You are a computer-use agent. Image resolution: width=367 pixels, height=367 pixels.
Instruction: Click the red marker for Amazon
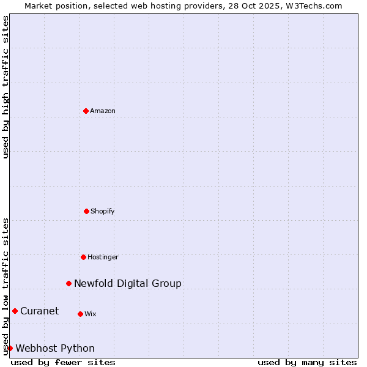[86, 111]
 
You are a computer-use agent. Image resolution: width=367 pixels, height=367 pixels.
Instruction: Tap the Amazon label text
[103, 111]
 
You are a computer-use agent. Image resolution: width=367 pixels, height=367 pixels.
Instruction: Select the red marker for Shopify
[86, 211]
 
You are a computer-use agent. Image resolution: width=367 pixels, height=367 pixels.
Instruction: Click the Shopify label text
[103, 212]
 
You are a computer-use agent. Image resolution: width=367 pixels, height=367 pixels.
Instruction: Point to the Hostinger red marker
[83, 257]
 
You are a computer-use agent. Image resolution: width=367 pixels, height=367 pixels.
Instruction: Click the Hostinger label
[103, 258]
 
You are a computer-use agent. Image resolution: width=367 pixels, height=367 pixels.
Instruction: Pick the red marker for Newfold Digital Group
[69, 283]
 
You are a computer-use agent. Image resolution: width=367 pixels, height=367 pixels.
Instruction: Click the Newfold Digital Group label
[128, 283]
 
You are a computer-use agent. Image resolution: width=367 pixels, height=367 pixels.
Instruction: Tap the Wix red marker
[80, 314]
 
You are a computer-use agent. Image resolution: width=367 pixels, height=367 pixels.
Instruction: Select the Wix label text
[91, 314]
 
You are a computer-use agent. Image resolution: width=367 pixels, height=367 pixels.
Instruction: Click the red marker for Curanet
[15, 311]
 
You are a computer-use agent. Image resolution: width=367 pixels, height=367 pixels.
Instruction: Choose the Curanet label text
[40, 311]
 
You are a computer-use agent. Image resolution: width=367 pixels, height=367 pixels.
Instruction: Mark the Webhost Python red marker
[10, 348]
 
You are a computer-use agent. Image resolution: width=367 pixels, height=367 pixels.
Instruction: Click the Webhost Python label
[55, 349]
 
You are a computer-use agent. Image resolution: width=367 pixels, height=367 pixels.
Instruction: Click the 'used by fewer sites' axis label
[63, 362]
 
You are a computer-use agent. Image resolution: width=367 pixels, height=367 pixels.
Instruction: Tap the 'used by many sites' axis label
[307, 362]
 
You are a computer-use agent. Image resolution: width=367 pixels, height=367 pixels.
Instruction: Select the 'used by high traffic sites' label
[6, 87]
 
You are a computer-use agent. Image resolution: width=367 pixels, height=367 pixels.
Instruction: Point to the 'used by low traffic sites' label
[6, 286]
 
